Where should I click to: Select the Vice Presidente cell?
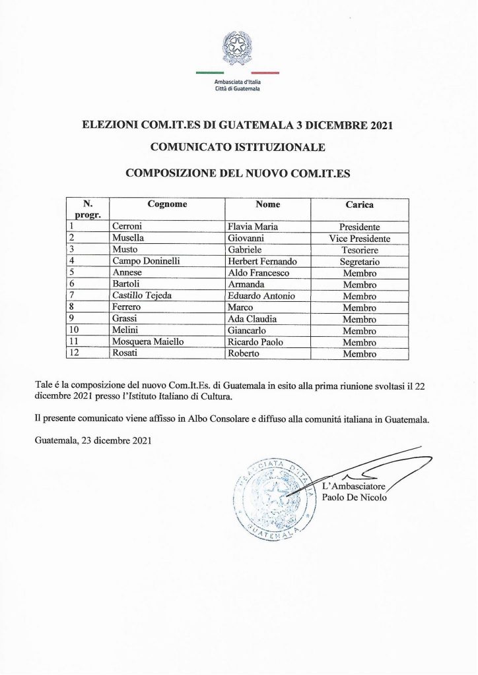[360, 238]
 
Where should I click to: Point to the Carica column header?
[360, 205]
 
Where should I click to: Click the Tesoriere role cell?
[360, 249]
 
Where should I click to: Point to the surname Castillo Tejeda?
[143, 295]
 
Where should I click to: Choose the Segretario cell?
[360, 261]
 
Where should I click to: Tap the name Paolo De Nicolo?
[355, 498]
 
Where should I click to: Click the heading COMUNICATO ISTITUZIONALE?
[238, 148]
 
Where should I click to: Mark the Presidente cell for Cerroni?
[360, 226]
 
